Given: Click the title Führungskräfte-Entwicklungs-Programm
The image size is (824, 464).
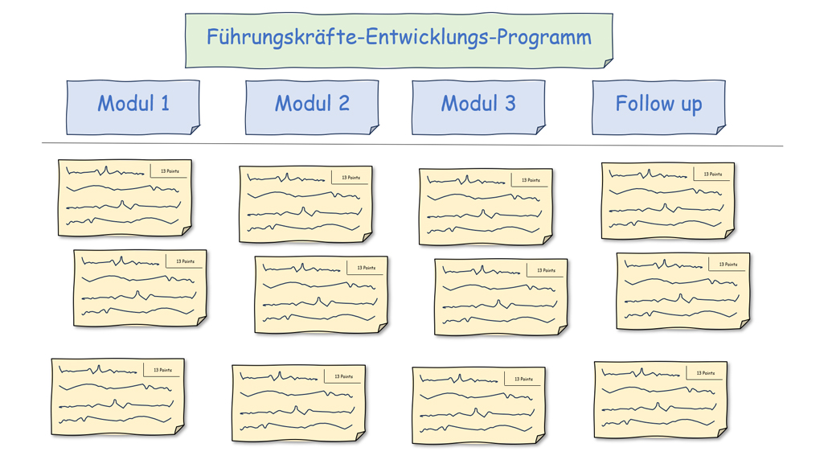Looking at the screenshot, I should point(399,38).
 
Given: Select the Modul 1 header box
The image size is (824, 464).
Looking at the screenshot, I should point(133,104).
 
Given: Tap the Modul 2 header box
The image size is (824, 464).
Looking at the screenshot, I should point(311,104).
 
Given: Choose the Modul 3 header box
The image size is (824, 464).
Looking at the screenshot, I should point(478,104).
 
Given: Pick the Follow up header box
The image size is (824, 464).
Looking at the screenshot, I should point(658,104).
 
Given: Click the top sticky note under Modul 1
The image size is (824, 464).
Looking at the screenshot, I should point(125,198).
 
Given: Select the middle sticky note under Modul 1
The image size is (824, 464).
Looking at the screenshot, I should point(140,288).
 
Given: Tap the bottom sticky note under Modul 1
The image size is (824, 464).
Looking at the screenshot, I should point(118,396).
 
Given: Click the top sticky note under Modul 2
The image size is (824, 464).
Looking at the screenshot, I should point(305,204).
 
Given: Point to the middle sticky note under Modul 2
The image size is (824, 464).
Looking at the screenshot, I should point(321,294).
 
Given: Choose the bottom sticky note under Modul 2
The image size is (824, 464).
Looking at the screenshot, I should point(298,403).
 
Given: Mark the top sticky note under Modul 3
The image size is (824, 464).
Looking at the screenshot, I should point(486,207).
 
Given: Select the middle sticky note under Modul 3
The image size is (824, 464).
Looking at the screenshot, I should point(501,297).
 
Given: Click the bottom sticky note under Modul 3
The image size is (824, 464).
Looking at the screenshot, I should point(478,405).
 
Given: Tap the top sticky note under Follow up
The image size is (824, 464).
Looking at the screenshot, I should point(667,200).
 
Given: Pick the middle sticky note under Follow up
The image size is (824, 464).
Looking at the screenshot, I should point(683,290).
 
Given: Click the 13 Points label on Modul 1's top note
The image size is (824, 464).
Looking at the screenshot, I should point(170,171).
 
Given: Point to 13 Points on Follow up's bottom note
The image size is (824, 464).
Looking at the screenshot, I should point(705,373).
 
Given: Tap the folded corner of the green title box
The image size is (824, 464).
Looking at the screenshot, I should point(608,63).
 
